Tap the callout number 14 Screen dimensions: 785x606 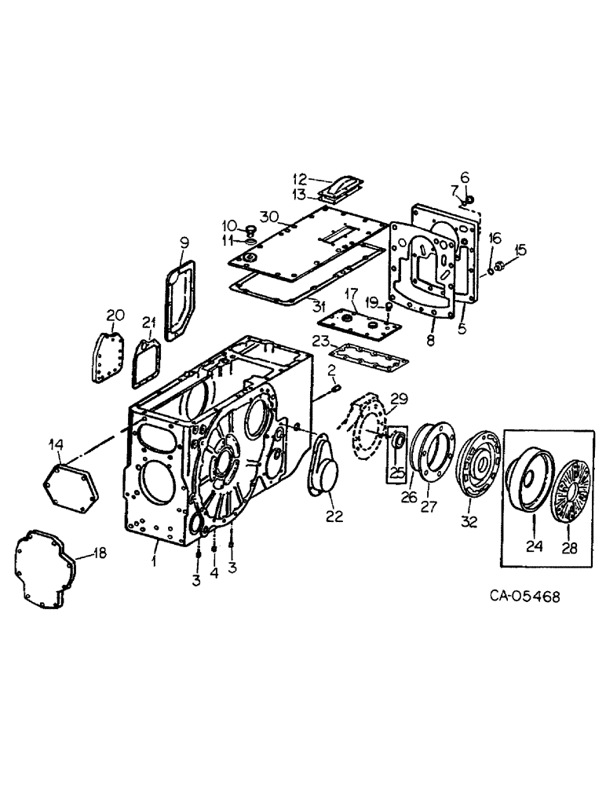click(56, 444)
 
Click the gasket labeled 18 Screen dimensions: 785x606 click(43, 569)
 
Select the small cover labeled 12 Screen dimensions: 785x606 click(346, 188)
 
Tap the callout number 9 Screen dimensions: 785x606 click(185, 242)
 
